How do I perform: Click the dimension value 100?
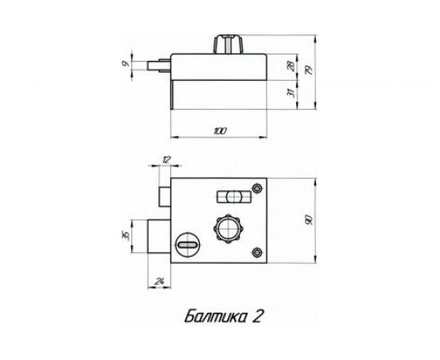point(220,131)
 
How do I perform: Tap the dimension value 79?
point(310,70)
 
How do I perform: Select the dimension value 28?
point(291,66)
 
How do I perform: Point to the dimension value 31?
point(291,93)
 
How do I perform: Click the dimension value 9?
point(126,64)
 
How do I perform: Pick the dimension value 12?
point(166,160)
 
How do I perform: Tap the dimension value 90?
point(309,220)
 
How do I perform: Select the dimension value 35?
point(126,235)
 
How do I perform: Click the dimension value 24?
point(159,281)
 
